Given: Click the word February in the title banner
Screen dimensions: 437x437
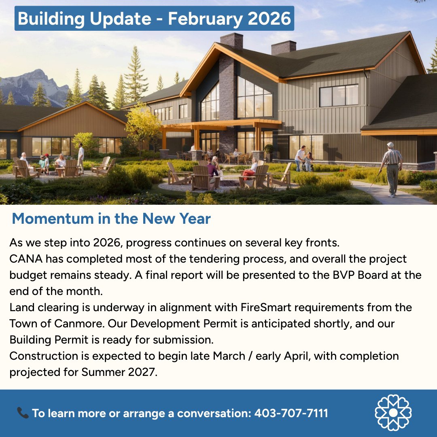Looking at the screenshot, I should pyautogui.click(x=204, y=19).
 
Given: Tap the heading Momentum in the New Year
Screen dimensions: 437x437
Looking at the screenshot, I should pyautogui.click(x=111, y=218).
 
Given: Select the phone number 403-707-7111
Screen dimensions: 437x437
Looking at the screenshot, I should pyautogui.click(x=291, y=413).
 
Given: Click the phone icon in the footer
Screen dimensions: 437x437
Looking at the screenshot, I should pyautogui.click(x=23, y=413).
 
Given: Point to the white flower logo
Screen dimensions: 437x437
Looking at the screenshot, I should pyautogui.click(x=393, y=413).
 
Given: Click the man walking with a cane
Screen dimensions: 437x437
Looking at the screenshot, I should pyautogui.click(x=391, y=169).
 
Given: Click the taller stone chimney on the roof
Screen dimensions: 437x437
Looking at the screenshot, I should pyautogui.click(x=231, y=40).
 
